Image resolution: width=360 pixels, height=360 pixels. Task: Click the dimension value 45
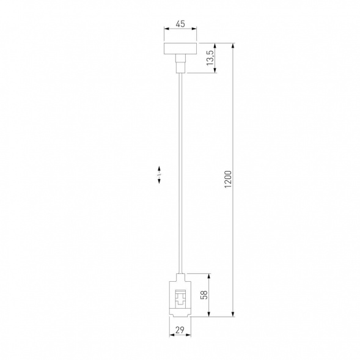[x=180, y=24]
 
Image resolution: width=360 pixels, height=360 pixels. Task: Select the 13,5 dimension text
[x=210, y=59]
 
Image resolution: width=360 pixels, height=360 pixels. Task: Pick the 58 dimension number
[x=205, y=295]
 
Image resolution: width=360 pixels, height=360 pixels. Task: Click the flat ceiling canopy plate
[x=180, y=48]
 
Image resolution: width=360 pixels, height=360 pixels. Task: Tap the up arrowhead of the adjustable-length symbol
[x=159, y=167]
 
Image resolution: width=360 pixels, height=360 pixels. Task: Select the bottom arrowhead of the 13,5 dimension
[x=215, y=72]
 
